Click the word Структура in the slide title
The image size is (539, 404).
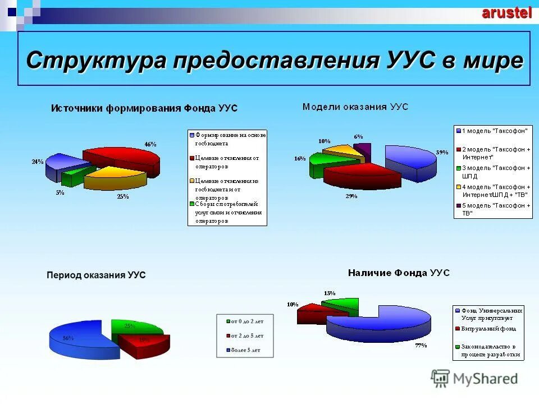[x=95, y=60]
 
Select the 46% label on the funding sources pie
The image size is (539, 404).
[x=150, y=144]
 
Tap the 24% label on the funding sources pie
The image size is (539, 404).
[x=38, y=162]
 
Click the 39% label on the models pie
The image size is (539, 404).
[x=442, y=152]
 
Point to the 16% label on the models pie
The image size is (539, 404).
[x=300, y=159]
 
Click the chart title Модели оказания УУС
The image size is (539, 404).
[x=355, y=106]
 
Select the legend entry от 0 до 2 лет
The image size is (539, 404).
[x=245, y=322]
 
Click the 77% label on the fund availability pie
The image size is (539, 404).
[x=421, y=345]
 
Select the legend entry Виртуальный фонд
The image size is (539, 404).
[x=488, y=329]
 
